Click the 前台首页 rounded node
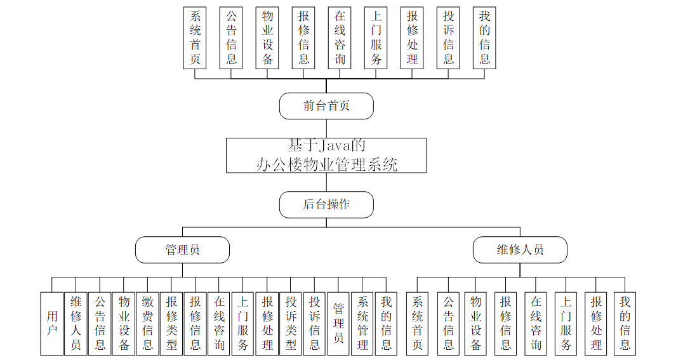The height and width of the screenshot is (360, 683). tap(326, 106)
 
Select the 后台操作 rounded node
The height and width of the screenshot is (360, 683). tap(326, 204)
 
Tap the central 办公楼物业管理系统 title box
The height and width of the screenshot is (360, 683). tap(326, 156)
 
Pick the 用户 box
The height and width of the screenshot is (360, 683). tap(52, 323)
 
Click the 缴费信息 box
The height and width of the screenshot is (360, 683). tap(147, 323)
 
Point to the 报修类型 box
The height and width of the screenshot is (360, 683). tap(171, 323)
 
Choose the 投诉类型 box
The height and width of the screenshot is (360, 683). tap(291, 323)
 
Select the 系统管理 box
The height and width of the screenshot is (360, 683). tap(362, 323)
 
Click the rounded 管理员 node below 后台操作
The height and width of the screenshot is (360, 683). tap(182, 250)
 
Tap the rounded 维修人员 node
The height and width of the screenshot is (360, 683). tap(520, 250)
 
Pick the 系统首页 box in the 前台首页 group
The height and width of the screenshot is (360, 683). tap(195, 37)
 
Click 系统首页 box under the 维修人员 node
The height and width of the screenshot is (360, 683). tap(417, 323)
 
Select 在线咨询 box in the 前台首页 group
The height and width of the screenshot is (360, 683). tap(340, 37)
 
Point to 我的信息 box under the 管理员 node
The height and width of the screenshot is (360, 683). tap(386, 323)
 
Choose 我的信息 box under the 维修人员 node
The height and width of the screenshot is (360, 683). tap(625, 323)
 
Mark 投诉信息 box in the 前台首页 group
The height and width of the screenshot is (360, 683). tap(448, 37)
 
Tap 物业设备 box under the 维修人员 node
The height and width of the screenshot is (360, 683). tap(476, 323)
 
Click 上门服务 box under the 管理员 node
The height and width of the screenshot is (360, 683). tap(243, 323)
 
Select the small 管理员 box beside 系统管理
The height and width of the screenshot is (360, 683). tap(338, 323)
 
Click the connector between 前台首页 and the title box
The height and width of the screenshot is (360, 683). tap(326, 128)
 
